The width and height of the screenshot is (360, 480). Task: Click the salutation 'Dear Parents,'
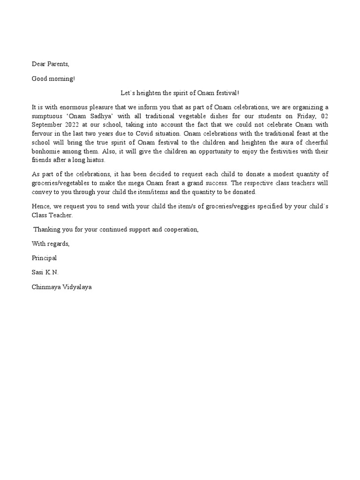tap(50, 64)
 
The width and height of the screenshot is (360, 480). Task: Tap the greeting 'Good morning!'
tap(53, 78)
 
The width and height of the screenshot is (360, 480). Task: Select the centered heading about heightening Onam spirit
tap(180, 94)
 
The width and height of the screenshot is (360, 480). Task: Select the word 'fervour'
tap(42, 134)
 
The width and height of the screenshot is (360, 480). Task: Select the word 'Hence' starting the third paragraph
tap(41, 207)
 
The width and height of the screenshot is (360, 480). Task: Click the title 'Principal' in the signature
tap(44, 258)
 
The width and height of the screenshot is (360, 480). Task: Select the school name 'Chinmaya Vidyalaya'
tap(62, 286)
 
